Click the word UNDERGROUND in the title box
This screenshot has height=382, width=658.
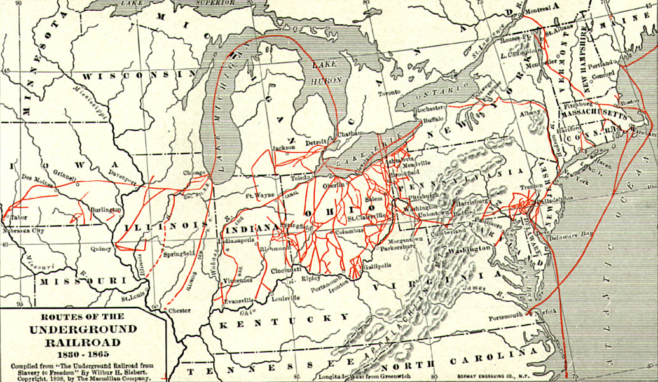click(83, 329)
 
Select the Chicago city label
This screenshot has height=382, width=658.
click(195, 173)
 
